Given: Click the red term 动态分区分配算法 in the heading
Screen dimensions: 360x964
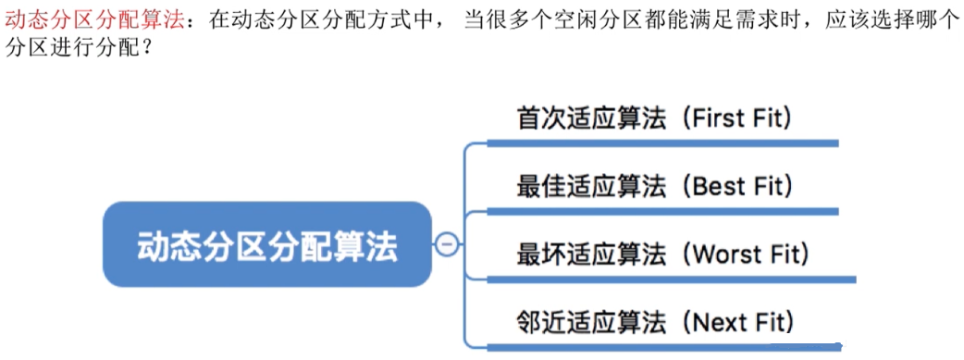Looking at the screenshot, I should pos(95,20).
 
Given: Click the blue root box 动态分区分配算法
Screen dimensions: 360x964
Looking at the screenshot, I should pos(266,245).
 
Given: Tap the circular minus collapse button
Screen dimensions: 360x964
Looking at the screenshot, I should pos(447,244).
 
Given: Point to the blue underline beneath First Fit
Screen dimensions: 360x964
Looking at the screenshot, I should pos(661,143).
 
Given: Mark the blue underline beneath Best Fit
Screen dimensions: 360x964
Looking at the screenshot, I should pos(661,211).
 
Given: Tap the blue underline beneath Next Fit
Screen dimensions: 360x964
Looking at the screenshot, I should pos(661,347).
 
